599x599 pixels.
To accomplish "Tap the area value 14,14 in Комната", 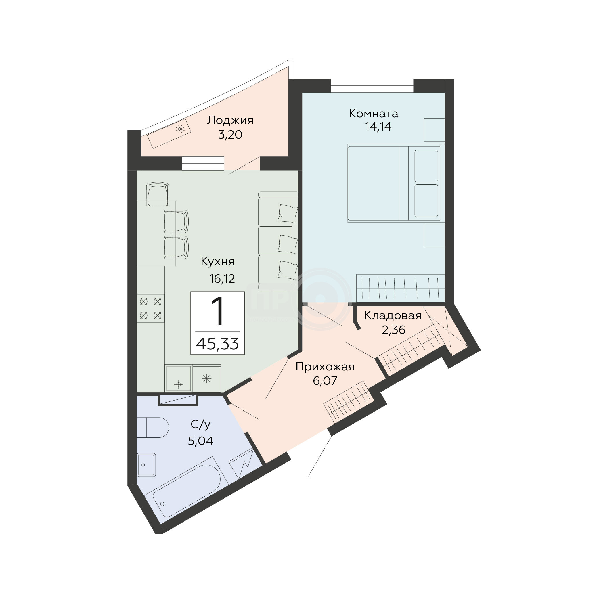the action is (378, 127).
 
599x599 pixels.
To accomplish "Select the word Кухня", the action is (218, 262).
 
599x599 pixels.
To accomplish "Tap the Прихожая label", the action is (325, 367).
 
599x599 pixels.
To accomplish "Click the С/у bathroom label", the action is (201, 424).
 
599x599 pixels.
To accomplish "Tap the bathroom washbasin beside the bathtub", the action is (146, 465).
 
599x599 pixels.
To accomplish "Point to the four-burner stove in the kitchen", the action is (151, 309).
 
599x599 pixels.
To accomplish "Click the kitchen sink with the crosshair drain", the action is (178, 378).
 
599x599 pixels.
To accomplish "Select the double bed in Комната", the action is (396, 183).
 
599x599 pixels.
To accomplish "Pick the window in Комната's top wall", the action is (372, 86).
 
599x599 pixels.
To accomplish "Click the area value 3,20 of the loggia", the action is (230, 135).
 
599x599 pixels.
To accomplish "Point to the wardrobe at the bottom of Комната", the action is (400, 288).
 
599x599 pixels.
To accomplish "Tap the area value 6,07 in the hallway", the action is (325, 381).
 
